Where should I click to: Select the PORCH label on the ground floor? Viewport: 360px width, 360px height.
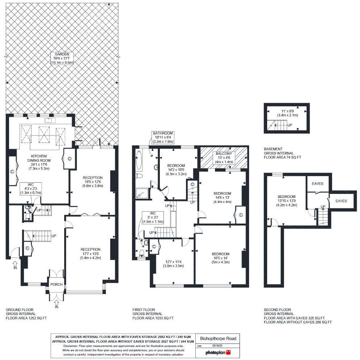(57, 284)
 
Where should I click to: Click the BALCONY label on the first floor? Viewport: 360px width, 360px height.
(224, 154)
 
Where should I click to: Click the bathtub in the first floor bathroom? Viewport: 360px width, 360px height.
(138, 161)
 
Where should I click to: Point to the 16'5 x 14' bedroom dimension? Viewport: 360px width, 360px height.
(220, 258)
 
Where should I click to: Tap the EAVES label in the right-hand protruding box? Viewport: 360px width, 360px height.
(341, 200)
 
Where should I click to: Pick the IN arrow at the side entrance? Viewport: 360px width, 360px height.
(15, 264)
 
